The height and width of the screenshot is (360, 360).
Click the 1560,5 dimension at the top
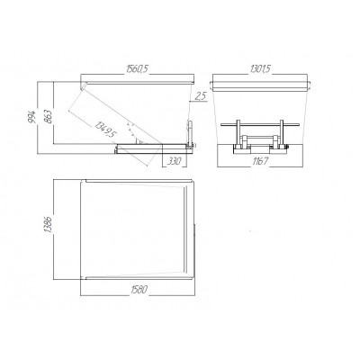(138, 68)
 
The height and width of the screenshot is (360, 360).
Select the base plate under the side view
(153, 146)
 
